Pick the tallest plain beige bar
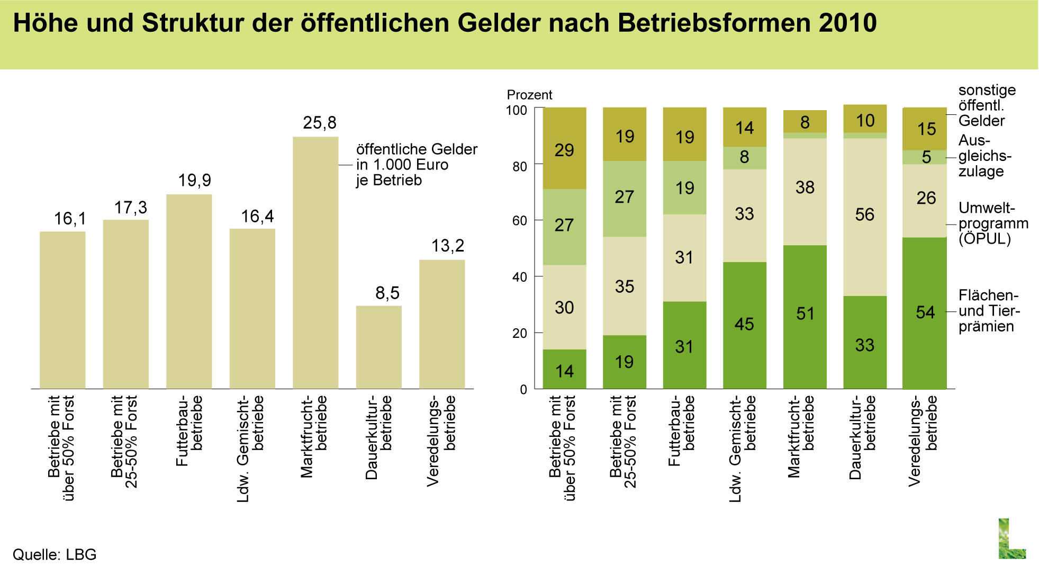(x=315, y=263)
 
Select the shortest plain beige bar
(x=378, y=347)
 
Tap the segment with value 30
(x=564, y=307)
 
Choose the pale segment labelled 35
(x=625, y=286)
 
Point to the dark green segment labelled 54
(x=925, y=313)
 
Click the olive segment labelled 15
(x=925, y=129)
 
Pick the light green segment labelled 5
(x=925, y=157)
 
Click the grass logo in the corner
(x=1011, y=538)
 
